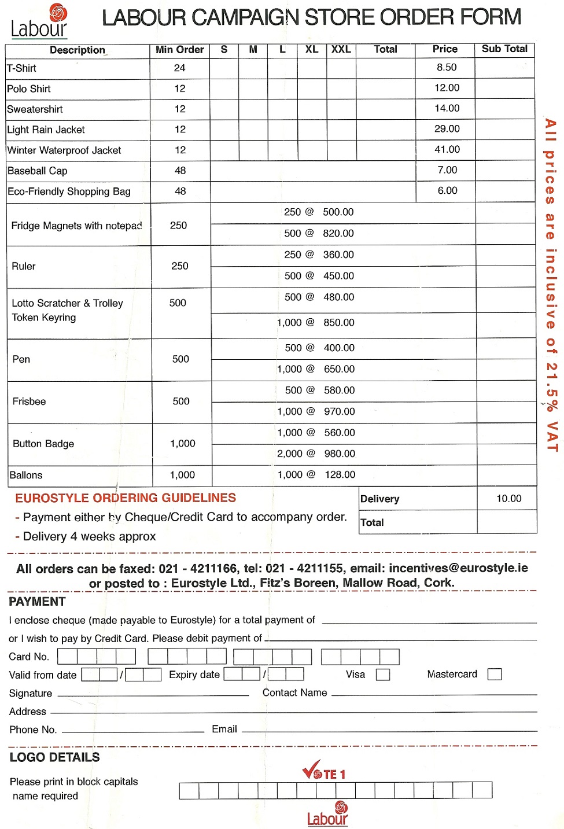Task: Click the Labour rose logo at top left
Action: point(39,21)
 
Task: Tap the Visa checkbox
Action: point(382,675)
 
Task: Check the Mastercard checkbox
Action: point(495,674)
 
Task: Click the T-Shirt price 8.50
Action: point(447,68)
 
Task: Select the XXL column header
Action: point(341,50)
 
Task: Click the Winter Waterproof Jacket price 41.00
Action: point(447,150)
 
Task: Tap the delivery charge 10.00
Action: point(508,499)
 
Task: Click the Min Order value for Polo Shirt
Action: point(180,89)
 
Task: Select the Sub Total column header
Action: point(504,49)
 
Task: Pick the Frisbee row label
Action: point(30,401)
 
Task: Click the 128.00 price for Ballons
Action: point(340,475)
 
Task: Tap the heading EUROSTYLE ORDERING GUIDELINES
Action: point(126,498)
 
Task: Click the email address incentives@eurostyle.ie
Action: point(458,568)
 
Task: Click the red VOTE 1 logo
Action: point(324,772)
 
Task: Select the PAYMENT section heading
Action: point(37,602)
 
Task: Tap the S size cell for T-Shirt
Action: point(224,68)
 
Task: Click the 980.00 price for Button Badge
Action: point(340,454)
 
